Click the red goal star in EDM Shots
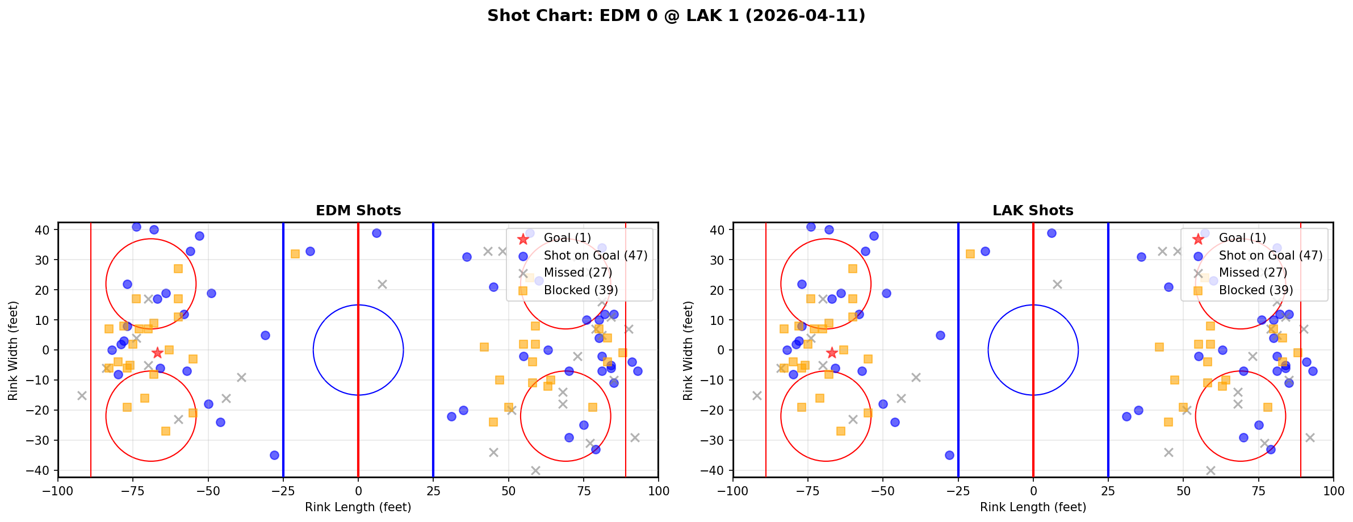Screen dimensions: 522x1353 pyautogui.click(x=157, y=353)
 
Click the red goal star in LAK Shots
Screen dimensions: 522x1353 pyautogui.click(x=832, y=353)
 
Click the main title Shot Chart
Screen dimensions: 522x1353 pyautogui.click(x=676, y=15)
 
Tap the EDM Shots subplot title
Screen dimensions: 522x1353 pyautogui.click(x=358, y=211)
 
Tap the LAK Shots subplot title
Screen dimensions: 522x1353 pyautogui.click(x=1033, y=211)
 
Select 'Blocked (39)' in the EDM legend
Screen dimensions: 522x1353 pyautogui.click(x=580, y=290)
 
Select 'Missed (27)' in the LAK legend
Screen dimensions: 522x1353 pyautogui.click(x=1253, y=273)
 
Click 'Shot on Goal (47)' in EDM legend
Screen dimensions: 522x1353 pyautogui.click(x=595, y=256)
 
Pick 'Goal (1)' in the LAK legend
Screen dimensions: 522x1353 pyautogui.click(x=1242, y=238)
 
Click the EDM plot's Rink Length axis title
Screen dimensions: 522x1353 pyautogui.click(x=358, y=507)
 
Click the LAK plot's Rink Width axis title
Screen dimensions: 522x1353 pyautogui.click(x=688, y=350)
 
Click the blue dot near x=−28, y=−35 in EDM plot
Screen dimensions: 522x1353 pyautogui.click(x=274, y=455)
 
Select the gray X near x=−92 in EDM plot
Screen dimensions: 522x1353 pyautogui.click(x=82, y=395)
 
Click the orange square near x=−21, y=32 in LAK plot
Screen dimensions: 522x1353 pyautogui.click(x=970, y=254)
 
